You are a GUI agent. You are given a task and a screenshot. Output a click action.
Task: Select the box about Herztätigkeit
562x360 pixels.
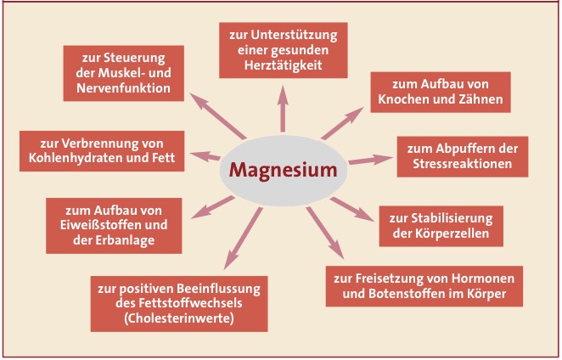[284, 51]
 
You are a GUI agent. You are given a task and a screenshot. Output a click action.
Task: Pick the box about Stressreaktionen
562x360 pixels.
[467, 155]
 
